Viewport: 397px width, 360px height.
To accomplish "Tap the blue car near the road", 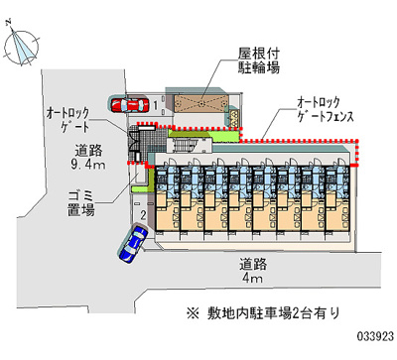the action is (132, 243).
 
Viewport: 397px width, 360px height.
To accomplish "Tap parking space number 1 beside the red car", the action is (155, 103).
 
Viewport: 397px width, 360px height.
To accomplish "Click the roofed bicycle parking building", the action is (199, 104).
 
